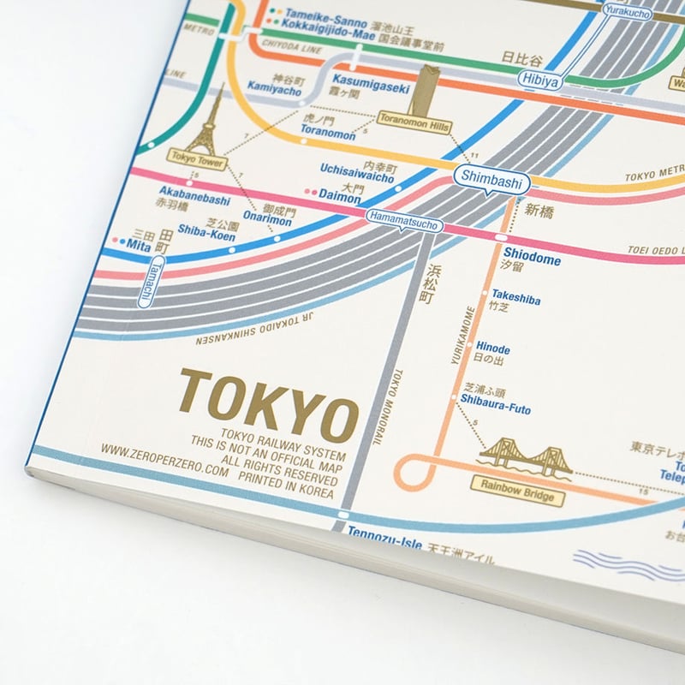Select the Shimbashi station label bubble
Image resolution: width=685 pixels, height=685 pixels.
493,177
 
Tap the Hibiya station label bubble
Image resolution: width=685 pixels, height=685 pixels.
537,80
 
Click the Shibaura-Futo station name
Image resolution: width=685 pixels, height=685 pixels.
495,409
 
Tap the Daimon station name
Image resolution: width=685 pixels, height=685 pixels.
340,195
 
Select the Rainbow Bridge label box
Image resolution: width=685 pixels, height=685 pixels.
516,496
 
